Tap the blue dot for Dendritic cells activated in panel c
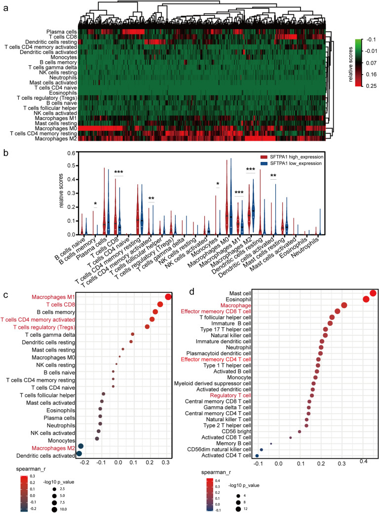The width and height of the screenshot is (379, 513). (x=79, y=454)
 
